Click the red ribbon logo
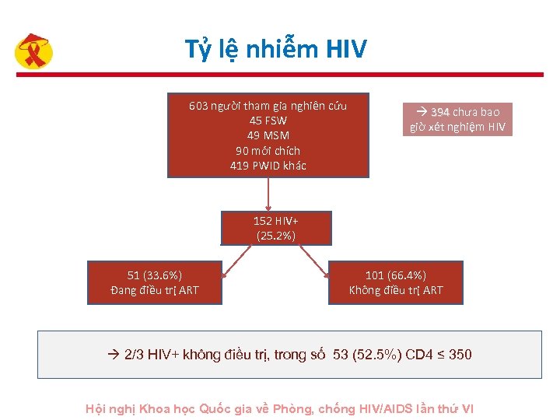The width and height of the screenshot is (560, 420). [x=34, y=53]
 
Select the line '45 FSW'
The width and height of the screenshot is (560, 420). [x=268, y=121]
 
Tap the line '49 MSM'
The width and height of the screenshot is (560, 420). [x=268, y=135]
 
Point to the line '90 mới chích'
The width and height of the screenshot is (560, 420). [x=268, y=150]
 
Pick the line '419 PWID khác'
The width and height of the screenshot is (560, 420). [x=268, y=165]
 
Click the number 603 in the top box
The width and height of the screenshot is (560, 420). [x=198, y=106]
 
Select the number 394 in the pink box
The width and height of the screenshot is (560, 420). [x=441, y=112]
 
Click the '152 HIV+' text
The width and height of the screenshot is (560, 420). [x=275, y=221]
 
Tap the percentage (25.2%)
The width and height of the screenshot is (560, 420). [x=275, y=235]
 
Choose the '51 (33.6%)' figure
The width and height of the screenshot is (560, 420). [x=155, y=275]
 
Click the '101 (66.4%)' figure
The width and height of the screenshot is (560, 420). [x=396, y=275]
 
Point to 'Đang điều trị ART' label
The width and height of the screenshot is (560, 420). [x=155, y=290]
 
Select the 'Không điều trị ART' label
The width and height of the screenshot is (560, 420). [x=396, y=290]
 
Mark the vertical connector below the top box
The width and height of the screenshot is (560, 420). [x=268, y=194]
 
